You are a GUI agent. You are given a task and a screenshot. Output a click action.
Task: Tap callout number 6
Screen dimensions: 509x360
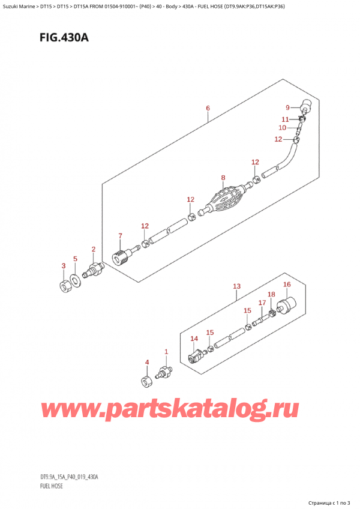click(208, 108)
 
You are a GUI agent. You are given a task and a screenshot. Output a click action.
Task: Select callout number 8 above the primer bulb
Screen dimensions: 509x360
click(223, 178)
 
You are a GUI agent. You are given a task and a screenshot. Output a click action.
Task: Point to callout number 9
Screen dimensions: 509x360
click(287, 107)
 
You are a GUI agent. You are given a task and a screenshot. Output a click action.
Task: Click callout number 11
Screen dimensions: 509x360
click(286, 119)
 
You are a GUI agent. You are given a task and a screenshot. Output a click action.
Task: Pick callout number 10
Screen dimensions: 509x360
click(282, 128)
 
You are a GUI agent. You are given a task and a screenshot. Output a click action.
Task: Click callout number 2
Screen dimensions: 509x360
click(93, 248)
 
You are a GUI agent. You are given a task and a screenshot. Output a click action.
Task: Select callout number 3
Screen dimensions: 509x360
click(64, 265)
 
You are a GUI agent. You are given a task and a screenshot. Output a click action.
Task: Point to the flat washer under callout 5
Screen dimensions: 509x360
click(75, 279)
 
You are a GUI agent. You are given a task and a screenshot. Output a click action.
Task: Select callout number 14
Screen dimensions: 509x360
click(194, 339)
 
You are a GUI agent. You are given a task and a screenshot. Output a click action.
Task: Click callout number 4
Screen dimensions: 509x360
click(146, 362)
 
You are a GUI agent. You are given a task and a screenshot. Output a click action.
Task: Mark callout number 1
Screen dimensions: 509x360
click(166, 352)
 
